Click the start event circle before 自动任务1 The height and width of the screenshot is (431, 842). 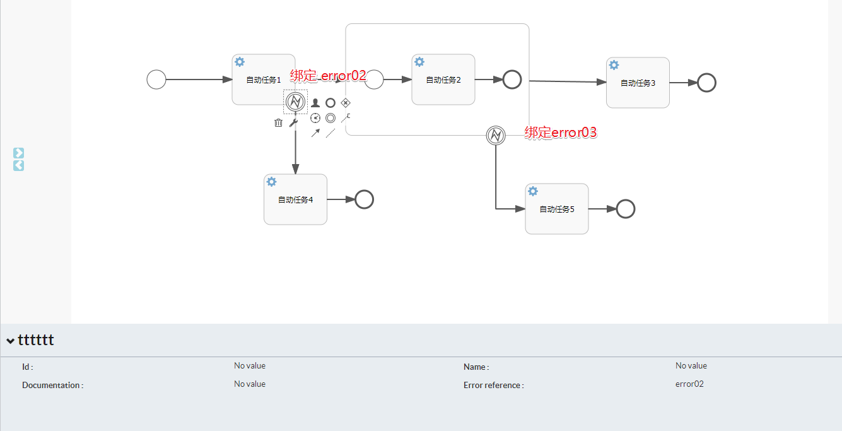tap(156, 80)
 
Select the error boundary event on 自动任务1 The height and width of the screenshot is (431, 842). tap(295, 101)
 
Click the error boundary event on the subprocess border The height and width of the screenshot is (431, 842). tap(496, 135)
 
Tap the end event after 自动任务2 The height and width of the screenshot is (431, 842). tap(512, 80)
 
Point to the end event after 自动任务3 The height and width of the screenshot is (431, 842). tap(706, 83)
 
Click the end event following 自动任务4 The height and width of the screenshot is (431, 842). tap(365, 199)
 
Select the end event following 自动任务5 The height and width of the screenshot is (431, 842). tap(625, 209)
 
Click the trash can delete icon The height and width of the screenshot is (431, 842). tap(278, 123)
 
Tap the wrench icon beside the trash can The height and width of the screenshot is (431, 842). tap(293, 123)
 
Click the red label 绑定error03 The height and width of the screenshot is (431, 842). tap(561, 133)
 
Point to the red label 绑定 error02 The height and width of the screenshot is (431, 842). tap(328, 76)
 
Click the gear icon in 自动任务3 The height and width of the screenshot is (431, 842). tap(614, 65)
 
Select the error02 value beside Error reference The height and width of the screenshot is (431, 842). tap(689, 384)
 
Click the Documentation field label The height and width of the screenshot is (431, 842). tap(52, 385)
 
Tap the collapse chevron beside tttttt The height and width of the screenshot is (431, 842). tap(10, 341)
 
